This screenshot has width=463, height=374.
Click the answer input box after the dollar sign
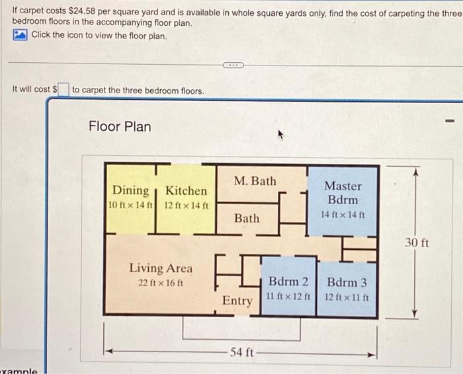tap(63, 89)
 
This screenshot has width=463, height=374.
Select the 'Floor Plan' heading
tap(120, 126)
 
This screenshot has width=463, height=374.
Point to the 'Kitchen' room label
tap(186, 191)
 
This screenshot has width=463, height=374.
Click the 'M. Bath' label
tap(255, 181)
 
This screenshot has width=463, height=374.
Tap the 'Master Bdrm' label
tap(343, 193)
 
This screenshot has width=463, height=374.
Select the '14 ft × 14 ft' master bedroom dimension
tap(343, 215)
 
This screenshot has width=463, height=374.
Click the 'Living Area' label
tap(161, 268)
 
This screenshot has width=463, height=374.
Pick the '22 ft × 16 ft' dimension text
tap(161, 283)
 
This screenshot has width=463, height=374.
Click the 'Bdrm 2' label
tap(288, 282)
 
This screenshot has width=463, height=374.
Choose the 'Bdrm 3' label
tap(347, 282)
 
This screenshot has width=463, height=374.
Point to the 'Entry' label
tap(237, 301)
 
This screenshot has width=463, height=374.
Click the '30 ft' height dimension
tap(417, 243)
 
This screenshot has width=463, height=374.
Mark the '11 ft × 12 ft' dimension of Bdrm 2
tap(288, 297)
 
